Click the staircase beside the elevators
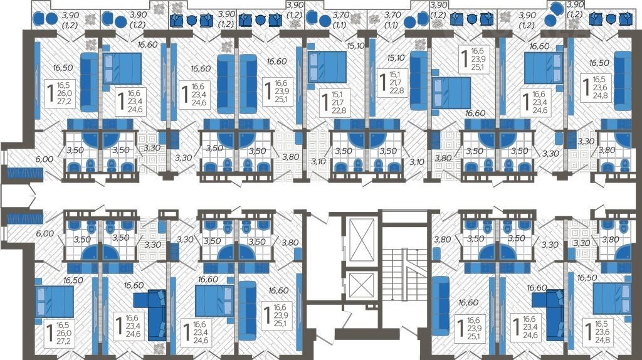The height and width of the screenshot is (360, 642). pos(405,283)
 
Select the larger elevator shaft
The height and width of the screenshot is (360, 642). pos(362,240)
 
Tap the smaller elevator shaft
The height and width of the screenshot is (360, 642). pos(361,284)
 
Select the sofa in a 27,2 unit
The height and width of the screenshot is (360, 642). pos(89,82)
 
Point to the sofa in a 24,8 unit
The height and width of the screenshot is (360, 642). pos(623,81)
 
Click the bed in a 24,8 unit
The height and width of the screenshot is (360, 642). pos(612,299)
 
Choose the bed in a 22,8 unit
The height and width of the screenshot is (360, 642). pos(327,66)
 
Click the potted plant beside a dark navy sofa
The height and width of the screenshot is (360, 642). pos(159,349)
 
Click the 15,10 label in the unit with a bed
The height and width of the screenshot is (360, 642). pos(355,46)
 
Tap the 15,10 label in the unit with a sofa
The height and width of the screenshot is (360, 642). pos(396,58)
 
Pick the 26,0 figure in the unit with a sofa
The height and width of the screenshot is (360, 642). pos(65,93)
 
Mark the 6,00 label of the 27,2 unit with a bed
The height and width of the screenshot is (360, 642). pos(45,233)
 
